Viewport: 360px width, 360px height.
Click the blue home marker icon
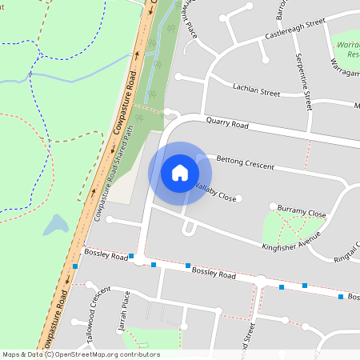pos(180,173)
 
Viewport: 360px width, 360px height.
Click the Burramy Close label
pos(302,213)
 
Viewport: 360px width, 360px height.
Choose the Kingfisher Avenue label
pos(291,239)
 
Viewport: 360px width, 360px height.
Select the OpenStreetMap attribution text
pos(81,354)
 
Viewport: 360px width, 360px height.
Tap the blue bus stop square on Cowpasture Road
pos(75,266)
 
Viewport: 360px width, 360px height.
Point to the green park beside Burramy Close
pos(280,228)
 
